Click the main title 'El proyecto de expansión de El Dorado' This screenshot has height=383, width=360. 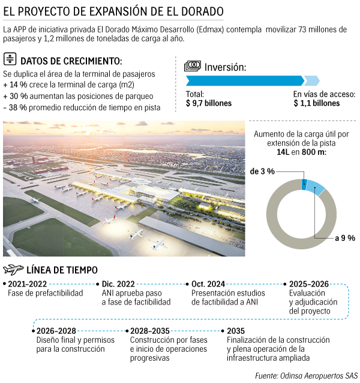tap(114, 11)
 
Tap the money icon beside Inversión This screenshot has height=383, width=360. tap(192, 65)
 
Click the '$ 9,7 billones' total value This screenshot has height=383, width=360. tap(209, 103)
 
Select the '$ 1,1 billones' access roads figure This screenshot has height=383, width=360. tap(316, 103)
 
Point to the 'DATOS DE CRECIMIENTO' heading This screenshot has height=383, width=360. tap(71, 61)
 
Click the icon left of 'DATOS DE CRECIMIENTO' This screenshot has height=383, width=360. tap(10, 59)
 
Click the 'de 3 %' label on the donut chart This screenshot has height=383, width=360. tap(262, 171)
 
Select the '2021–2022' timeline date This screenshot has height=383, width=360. tap(28, 284)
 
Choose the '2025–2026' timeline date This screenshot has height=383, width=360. tap(309, 284)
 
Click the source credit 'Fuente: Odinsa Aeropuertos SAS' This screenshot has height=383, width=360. tap(306, 376)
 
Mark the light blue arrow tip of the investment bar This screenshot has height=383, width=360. tap(312, 80)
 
